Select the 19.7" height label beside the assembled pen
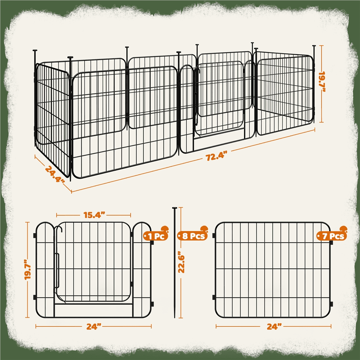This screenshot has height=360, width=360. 322,82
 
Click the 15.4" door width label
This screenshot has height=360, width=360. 94,215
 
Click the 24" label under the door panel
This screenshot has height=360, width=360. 94,326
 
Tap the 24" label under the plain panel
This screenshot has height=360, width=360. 274,326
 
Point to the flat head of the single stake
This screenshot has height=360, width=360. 175,208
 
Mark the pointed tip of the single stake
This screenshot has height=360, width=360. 175,318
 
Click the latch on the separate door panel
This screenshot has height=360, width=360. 57,270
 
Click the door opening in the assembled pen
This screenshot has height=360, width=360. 219,99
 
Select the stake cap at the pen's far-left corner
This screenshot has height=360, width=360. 35,50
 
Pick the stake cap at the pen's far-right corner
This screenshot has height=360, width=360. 314,46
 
